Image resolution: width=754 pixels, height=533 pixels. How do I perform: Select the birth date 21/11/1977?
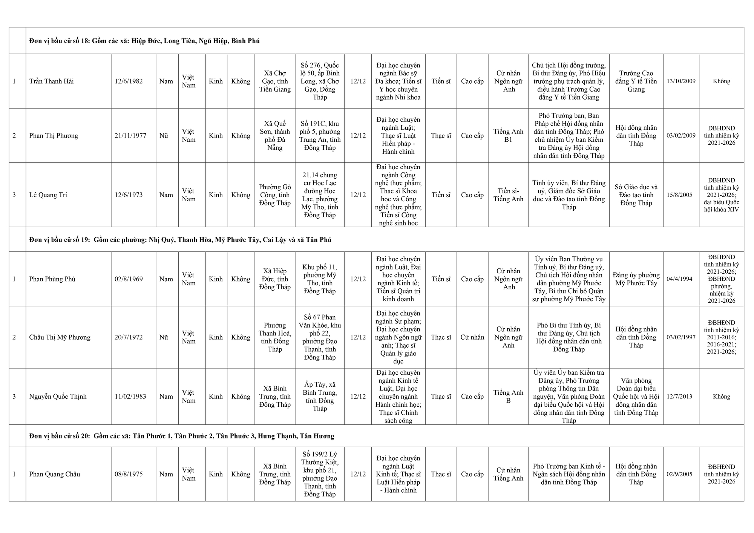pyautogui.click(x=130, y=136)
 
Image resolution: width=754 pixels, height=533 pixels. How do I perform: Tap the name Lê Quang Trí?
pyautogui.click(x=48, y=195)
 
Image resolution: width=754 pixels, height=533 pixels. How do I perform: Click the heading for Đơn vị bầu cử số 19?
pyautogui.click(x=180, y=240)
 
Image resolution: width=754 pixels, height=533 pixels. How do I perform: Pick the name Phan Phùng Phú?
pyautogui.click(x=52, y=279)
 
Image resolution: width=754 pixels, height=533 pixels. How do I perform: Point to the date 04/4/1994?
pyautogui.click(x=679, y=279)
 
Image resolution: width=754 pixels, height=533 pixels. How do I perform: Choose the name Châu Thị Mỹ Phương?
pyautogui.click(x=60, y=337)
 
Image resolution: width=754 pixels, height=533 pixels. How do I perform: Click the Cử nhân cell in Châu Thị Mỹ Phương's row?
pyautogui.click(x=472, y=337)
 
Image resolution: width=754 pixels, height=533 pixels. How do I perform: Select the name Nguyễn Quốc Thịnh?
pyautogui.click(x=58, y=397)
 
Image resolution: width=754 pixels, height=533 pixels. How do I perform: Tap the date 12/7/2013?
pyautogui.click(x=679, y=397)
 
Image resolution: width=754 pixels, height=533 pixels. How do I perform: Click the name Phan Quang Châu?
pyautogui.click(x=55, y=474)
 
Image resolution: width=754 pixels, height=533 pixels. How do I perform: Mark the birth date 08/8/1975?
pyautogui.click(x=129, y=474)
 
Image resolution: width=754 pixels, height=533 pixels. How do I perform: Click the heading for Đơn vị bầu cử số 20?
pyautogui.click(x=182, y=436)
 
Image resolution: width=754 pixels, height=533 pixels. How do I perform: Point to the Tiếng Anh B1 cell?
pyautogui.click(x=508, y=136)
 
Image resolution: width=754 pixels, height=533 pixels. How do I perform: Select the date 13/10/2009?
pyautogui.click(x=681, y=81)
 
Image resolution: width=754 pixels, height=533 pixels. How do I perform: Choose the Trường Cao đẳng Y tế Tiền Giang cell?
pyautogui.click(x=636, y=81)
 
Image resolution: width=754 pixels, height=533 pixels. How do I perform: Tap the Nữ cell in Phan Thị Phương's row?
pyautogui.click(x=164, y=136)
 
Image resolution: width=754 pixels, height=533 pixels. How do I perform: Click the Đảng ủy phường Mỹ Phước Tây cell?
pyautogui.click(x=636, y=279)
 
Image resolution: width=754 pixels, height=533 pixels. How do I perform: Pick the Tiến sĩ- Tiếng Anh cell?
pyautogui.click(x=508, y=195)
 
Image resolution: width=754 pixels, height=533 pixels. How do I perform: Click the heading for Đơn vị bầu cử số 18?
pyautogui.click(x=144, y=41)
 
